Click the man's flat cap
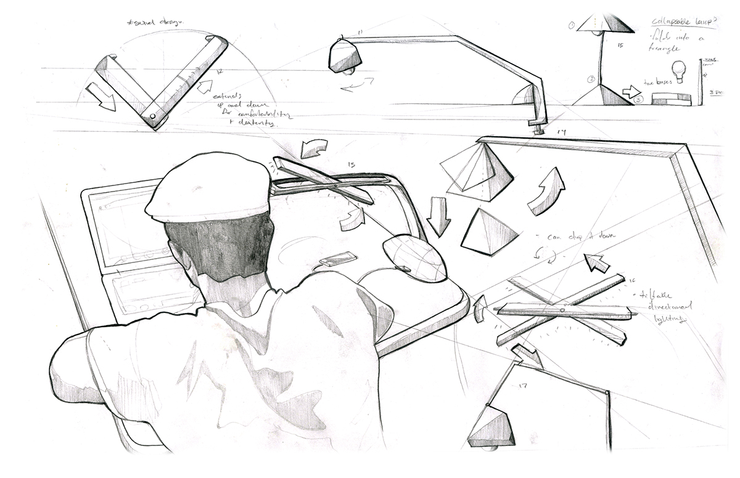coord(207,188)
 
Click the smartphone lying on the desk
coord(337,259)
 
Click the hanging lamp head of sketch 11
coord(345,55)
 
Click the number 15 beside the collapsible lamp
coord(620,45)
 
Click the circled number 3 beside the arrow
coord(638,99)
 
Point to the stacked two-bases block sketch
coord(670,99)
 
